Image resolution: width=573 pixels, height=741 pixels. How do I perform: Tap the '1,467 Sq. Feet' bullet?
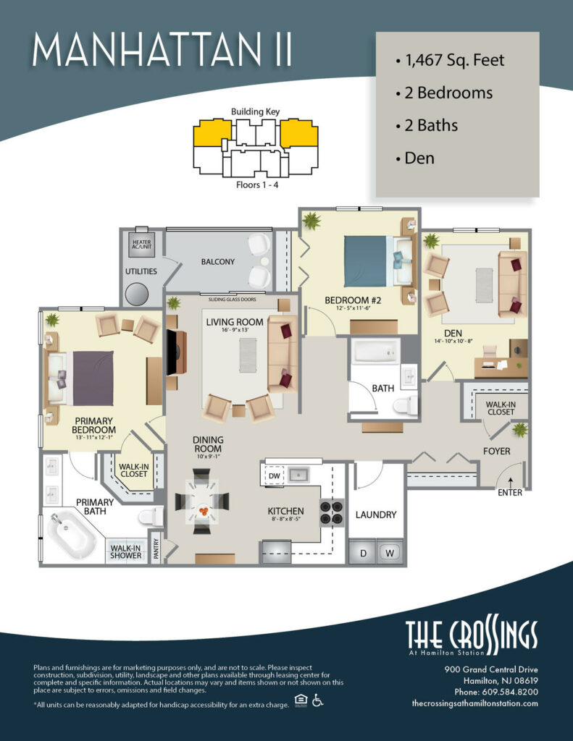450,60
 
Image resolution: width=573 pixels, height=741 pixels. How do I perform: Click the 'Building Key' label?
255,112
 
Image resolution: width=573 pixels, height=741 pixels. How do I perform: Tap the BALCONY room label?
218,262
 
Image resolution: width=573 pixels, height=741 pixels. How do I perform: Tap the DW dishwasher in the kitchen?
274,476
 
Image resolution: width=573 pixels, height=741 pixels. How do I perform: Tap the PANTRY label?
154,547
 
